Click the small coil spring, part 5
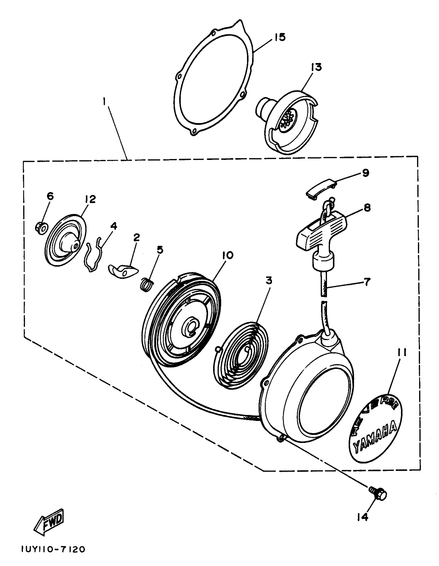147,284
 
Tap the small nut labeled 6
41,227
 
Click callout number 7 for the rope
367,282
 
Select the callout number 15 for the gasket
280,37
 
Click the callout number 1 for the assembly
104,102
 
